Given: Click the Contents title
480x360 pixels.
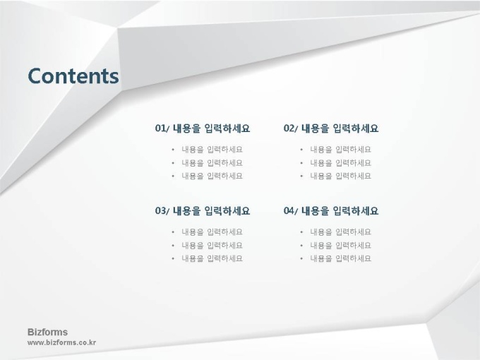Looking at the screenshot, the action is pos(73,76).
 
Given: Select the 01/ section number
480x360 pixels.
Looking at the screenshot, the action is pos(162,128).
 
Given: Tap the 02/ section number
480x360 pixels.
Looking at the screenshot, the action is pos(291,128).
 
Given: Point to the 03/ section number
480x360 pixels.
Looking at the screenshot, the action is pos(162,210).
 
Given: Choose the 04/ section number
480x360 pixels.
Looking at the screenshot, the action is pos(291,210).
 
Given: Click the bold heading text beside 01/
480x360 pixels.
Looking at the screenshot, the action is pos(212,128).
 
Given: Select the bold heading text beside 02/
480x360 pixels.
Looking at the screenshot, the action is pos(340,128).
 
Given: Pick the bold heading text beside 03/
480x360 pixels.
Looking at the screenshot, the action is pos(212,210).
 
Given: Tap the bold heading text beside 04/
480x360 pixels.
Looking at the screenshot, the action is pos(340,210).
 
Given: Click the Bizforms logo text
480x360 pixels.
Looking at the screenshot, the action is pos(47,332).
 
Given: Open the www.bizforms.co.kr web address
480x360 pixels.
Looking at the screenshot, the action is pos(61,342).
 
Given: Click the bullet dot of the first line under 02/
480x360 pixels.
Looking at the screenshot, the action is pos(301,150).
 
